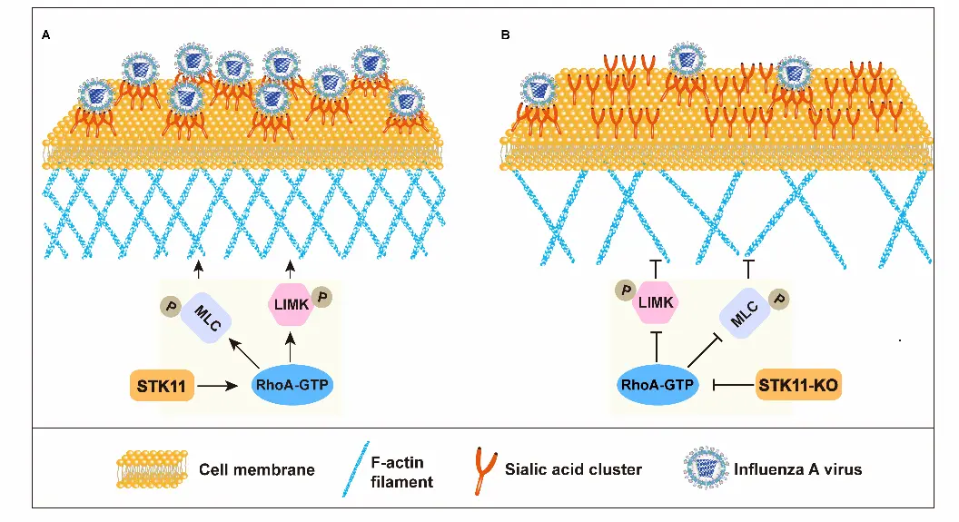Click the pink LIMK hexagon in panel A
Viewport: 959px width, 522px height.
(x=289, y=305)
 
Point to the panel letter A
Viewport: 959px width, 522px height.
(x=45, y=35)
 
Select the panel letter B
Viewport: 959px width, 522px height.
(x=505, y=35)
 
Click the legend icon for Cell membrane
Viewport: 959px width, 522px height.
(x=152, y=468)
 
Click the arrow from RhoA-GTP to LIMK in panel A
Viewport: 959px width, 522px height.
(x=290, y=347)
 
